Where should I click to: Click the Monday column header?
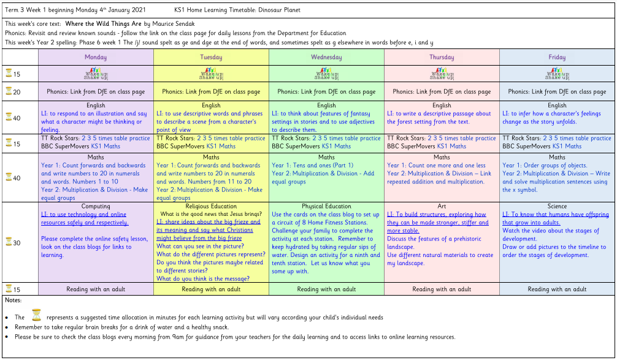(95, 57)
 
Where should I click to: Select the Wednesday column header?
(326, 57)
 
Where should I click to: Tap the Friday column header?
(557, 57)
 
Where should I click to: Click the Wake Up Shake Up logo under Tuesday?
(211, 74)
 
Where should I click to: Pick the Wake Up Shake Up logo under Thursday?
(442, 74)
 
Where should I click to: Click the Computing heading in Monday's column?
(96, 207)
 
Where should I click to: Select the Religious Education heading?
(211, 207)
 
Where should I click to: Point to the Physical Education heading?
(326, 207)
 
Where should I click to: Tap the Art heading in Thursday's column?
(442, 207)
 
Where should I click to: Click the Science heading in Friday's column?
(557, 207)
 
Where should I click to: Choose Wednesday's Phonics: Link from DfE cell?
(326, 92)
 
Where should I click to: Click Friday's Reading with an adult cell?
(557, 289)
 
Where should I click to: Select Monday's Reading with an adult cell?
(96, 289)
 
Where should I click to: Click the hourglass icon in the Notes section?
(36, 316)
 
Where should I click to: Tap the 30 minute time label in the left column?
(17, 243)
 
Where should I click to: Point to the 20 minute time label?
(17, 92)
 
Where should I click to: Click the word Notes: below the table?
(13, 301)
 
